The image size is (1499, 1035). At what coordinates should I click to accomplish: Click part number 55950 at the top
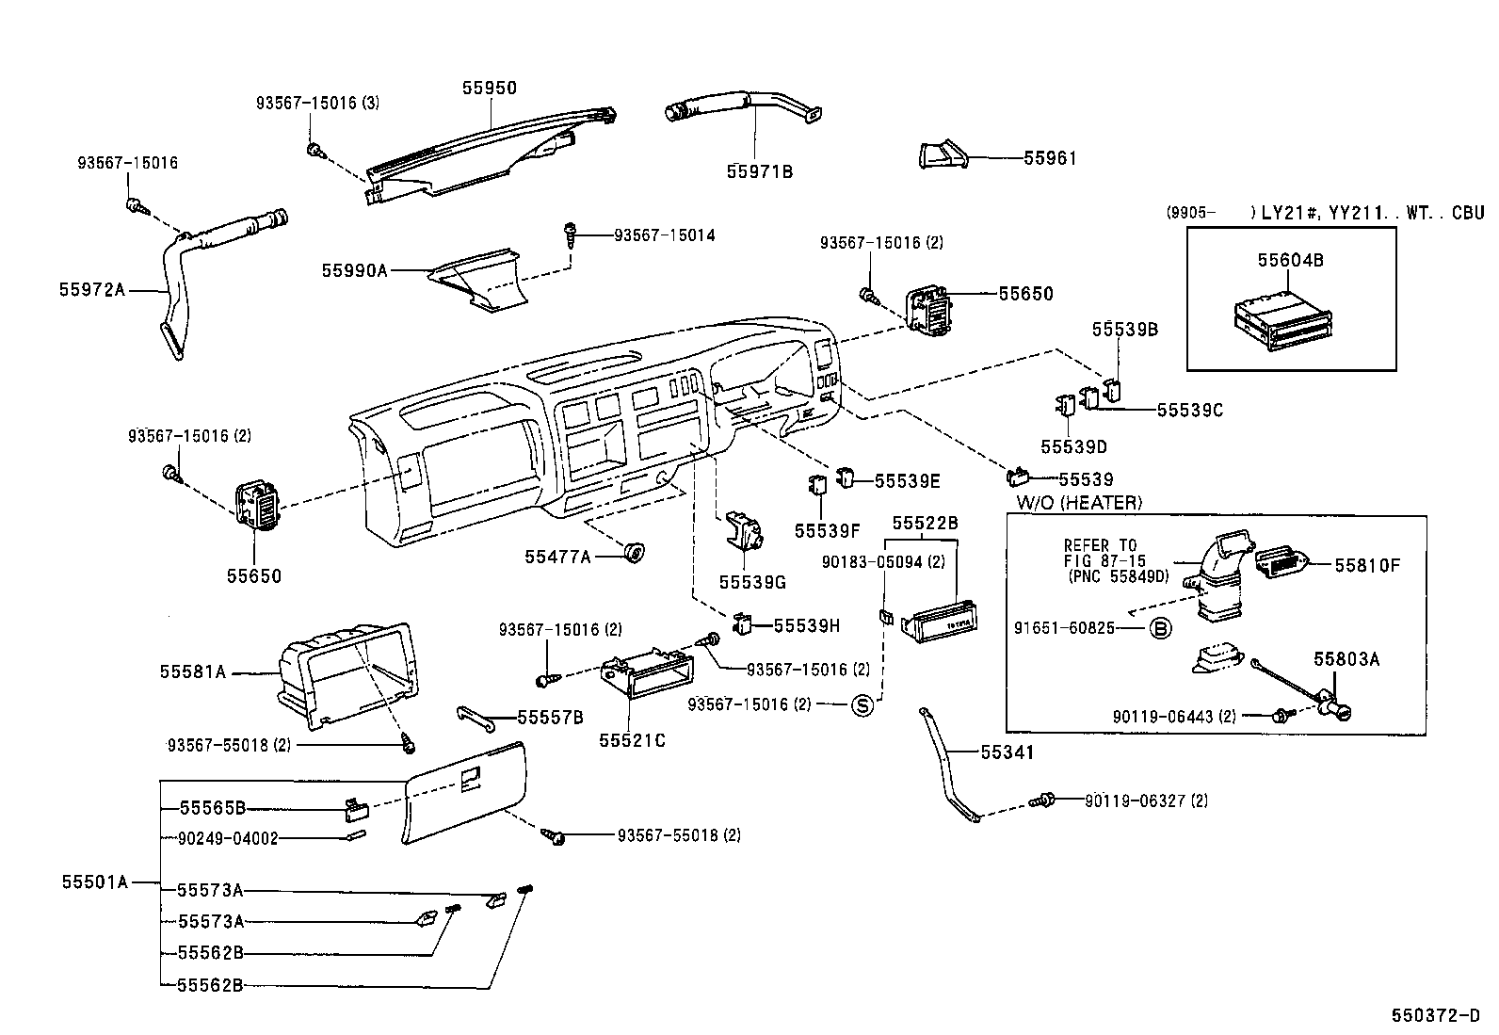[x=489, y=88]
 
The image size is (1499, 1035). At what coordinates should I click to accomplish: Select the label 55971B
[x=760, y=171]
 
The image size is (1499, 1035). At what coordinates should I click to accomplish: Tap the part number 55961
[x=1050, y=159]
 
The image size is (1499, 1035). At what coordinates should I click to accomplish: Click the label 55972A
[x=92, y=290]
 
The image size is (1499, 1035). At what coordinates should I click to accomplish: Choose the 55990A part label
[x=355, y=270]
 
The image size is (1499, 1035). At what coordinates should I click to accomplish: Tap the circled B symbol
[x=1161, y=628]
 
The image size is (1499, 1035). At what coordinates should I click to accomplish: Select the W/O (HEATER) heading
[x=1078, y=503]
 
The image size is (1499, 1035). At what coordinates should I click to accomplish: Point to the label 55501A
[x=94, y=882]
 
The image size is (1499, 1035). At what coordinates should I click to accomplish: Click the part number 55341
[x=1007, y=752]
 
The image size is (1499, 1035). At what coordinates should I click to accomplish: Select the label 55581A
[x=193, y=671]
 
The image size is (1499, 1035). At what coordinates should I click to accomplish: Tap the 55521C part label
[x=632, y=740]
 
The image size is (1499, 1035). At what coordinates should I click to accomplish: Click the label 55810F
[x=1367, y=566]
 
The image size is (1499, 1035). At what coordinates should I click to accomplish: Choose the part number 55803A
[x=1346, y=659]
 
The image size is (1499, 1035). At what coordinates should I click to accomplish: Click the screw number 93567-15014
[x=664, y=235]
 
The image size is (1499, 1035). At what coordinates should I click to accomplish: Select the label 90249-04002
[x=229, y=838]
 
